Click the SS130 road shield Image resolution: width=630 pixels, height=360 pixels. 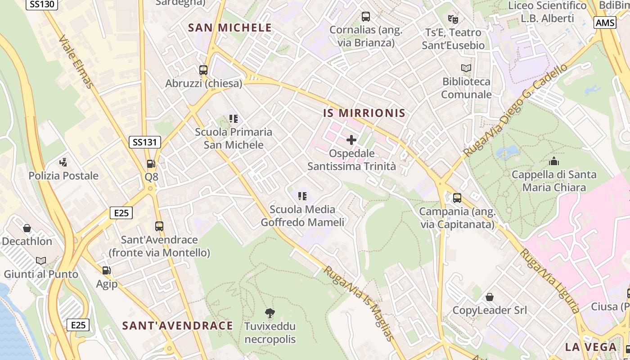[x=42, y=4]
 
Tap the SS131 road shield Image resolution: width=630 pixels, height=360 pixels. [x=144, y=143]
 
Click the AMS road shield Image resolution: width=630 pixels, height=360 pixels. [x=605, y=22]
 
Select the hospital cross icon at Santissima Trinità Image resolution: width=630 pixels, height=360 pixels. [x=351, y=140]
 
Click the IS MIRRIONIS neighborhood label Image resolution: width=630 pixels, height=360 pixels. [x=364, y=113]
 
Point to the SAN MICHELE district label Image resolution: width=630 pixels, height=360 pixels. [x=230, y=28]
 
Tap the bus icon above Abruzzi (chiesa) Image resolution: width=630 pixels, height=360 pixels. [x=203, y=70]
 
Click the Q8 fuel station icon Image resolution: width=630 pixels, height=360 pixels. [x=151, y=164]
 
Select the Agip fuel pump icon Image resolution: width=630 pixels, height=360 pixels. [x=107, y=270]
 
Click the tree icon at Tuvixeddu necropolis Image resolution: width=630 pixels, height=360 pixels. [x=270, y=313]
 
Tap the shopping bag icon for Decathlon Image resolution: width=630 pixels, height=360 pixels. [x=27, y=228]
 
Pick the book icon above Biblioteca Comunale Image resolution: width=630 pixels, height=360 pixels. [x=466, y=68]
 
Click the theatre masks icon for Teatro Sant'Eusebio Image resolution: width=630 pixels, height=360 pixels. [x=453, y=19]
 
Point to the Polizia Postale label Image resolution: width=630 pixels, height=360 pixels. [x=63, y=175]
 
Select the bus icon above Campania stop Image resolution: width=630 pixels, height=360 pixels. [x=457, y=198]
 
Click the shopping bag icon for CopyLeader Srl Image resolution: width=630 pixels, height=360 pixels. [x=489, y=297]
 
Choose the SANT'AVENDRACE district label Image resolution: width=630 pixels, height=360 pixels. [x=178, y=325]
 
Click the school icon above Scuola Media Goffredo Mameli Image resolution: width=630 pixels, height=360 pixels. [x=302, y=196]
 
